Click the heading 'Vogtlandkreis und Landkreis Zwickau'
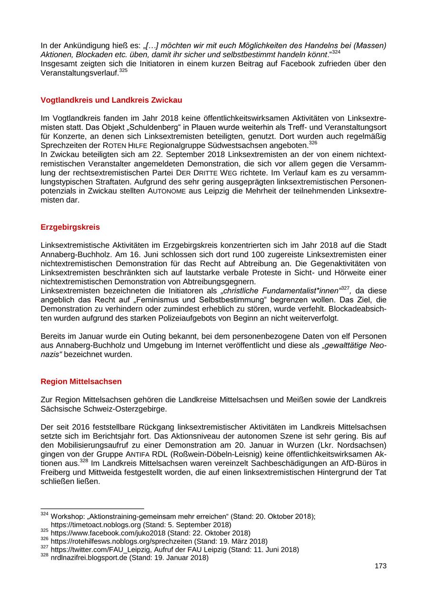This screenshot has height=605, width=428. [111, 100]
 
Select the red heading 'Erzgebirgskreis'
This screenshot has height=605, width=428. [70, 227]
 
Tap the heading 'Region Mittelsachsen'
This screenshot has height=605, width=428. [81, 381]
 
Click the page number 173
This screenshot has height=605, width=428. [380, 566]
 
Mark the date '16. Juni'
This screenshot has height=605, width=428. [137, 254]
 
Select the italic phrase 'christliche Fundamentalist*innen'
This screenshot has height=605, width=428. [282, 291]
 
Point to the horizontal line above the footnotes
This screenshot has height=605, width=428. [92, 508]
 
